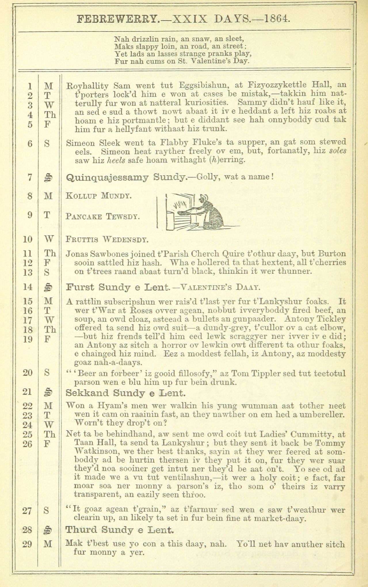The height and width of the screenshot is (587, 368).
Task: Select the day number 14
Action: (x=28, y=287)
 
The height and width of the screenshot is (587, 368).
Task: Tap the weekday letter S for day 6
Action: (x=47, y=143)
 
